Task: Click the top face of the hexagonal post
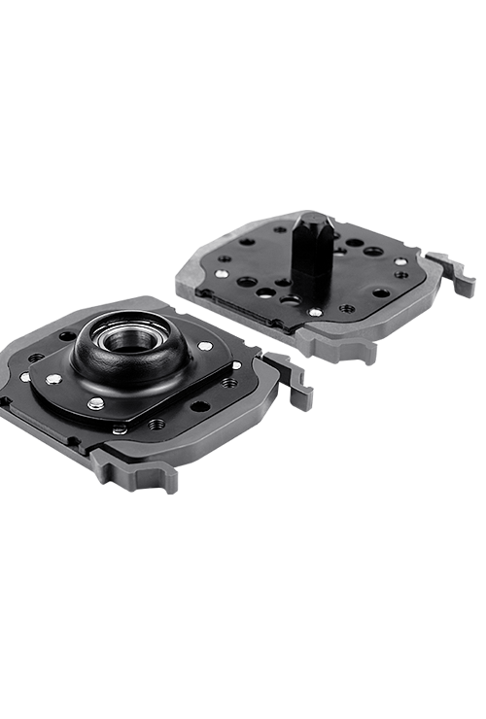click(313, 222)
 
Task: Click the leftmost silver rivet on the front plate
click(26, 376)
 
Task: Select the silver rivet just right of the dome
click(205, 346)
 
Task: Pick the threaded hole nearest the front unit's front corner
click(155, 424)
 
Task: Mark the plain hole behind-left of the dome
click(67, 337)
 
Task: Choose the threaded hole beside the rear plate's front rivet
click(346, 308)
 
